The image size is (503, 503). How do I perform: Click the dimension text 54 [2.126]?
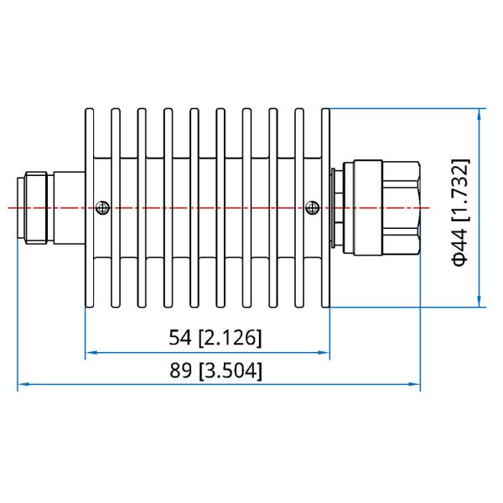click(215, 338)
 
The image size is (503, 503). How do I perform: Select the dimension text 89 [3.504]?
click(215, 371)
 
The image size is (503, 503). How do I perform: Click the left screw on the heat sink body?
click(102, 207)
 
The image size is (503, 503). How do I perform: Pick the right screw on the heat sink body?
click(314, 207)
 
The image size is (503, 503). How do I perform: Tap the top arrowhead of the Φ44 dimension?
click(479, 112)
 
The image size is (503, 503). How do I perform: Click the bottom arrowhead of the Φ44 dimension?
click(479, 303)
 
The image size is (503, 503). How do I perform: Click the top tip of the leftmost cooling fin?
click(90, 109)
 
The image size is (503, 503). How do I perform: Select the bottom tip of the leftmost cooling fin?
click(90, 308)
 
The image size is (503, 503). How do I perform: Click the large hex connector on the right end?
click(386, 207)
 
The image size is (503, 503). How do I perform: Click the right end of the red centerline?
click(428, 207)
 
